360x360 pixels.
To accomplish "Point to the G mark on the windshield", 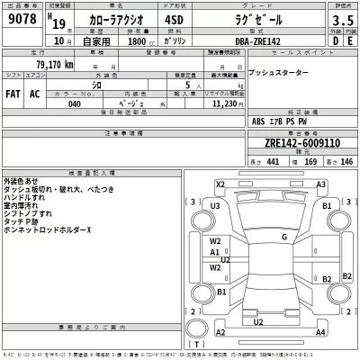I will tap(283, 237).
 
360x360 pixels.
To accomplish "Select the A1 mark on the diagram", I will tap(215, 253).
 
